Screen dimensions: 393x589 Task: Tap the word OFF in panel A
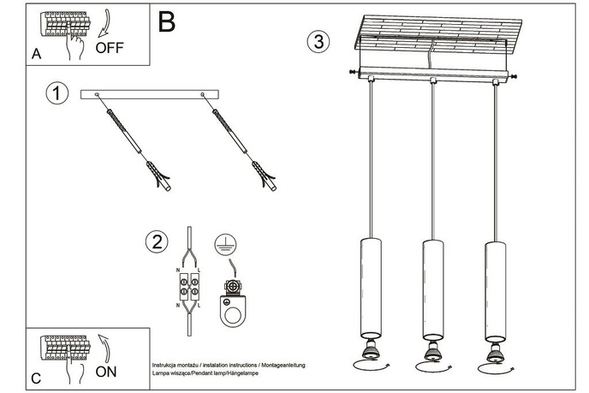(110, 47)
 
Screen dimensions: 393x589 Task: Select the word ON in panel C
(106, 372)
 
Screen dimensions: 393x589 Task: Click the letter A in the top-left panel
(36, 54)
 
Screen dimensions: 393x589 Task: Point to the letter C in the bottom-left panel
(35, 378)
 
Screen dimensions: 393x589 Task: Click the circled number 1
(57, 94)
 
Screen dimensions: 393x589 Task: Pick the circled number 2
(155, 242)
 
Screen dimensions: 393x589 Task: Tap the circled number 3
(318, 41)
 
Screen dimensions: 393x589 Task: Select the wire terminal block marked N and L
(190, 288)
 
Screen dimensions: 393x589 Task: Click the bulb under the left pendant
(370, 348)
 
